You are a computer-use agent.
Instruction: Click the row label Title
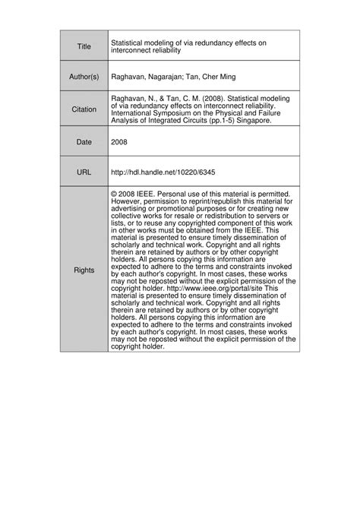[84, 47]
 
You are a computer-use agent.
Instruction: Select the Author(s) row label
[84, 78]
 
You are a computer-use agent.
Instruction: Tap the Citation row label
[84, 109]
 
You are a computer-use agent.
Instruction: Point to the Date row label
[84, 141]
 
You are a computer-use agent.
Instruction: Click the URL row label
[84, 172]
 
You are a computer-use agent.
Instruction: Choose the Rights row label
[84, 270]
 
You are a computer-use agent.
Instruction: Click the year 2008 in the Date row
[120, 141]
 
